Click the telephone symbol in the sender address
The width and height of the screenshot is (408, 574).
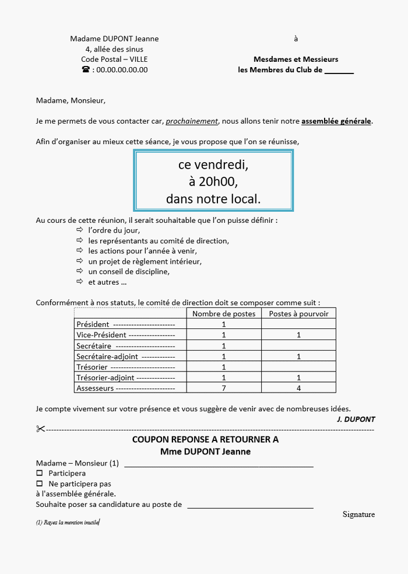point(86,69)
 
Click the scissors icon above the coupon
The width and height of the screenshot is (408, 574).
point(40,429)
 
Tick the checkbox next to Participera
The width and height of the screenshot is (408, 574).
point(40,473)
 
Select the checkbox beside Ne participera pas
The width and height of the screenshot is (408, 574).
point(40,484)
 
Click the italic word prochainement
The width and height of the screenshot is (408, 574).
point(192,121)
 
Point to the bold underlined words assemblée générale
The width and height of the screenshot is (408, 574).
point(336,121)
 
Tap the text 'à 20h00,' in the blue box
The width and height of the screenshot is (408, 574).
point(213,181)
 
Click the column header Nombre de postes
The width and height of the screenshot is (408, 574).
point(224,313)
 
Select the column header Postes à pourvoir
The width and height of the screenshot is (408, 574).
point(298,313)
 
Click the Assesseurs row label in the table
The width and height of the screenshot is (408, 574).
point(94,388)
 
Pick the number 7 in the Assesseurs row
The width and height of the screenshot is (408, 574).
point(224,388)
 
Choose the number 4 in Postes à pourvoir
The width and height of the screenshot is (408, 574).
point(298,388)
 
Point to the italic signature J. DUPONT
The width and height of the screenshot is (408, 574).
point(356,419)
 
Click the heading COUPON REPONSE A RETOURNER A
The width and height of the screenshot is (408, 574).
point(205,439)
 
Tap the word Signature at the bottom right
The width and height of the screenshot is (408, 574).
point(358,514)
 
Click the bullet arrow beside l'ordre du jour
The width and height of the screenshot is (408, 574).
point(79,230)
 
